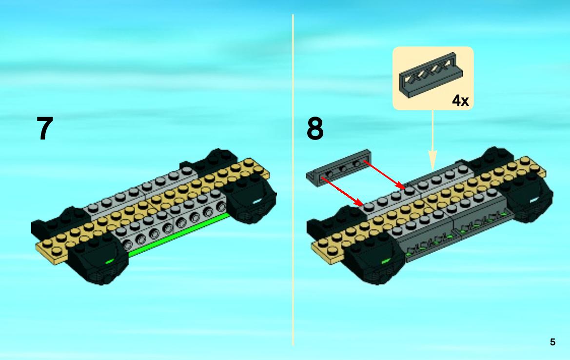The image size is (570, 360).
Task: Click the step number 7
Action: coord(45,128)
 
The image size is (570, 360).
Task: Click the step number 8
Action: coord(315,128)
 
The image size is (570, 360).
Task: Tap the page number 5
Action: coord(552,342)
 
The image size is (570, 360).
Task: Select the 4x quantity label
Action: coord(460,100)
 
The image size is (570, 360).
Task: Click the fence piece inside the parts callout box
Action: coord(431,75)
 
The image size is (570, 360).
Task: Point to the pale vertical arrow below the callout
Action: coord(432,140)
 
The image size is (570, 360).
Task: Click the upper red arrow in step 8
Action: coord(384,175)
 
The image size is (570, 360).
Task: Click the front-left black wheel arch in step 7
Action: coord(98,262)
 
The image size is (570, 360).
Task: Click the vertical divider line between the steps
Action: coord(293,180)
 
